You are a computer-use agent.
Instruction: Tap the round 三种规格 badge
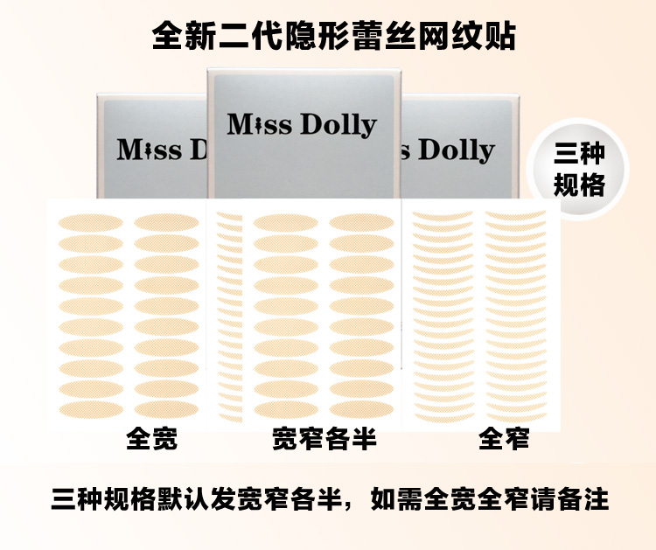click(579, 171)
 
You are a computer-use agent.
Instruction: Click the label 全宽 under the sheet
click(152, 438)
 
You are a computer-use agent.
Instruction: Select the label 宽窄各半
click(325, 438)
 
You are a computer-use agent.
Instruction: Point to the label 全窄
click(504, 438)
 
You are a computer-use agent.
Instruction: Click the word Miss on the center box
click(259, 124)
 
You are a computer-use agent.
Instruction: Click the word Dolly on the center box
click(338, 126)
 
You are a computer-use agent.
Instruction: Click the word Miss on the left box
click(150, 150)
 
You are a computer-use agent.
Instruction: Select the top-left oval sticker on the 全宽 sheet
click(91, 221)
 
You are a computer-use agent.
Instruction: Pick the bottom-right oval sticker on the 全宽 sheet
click(166, 408)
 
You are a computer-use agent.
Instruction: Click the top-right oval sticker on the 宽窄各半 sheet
click(361, 221)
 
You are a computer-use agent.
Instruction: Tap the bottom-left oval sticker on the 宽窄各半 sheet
click(285, 408)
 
